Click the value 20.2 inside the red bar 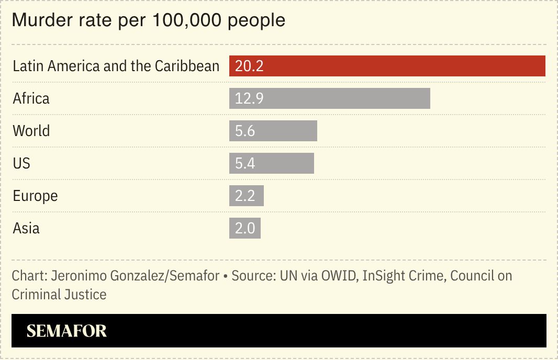249,66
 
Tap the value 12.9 249,98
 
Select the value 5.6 245,131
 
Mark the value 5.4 245,163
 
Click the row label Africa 31,98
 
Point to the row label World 31,131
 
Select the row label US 21,163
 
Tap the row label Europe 35,196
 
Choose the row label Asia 26,228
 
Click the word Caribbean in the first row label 187,66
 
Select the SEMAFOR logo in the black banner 66,331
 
